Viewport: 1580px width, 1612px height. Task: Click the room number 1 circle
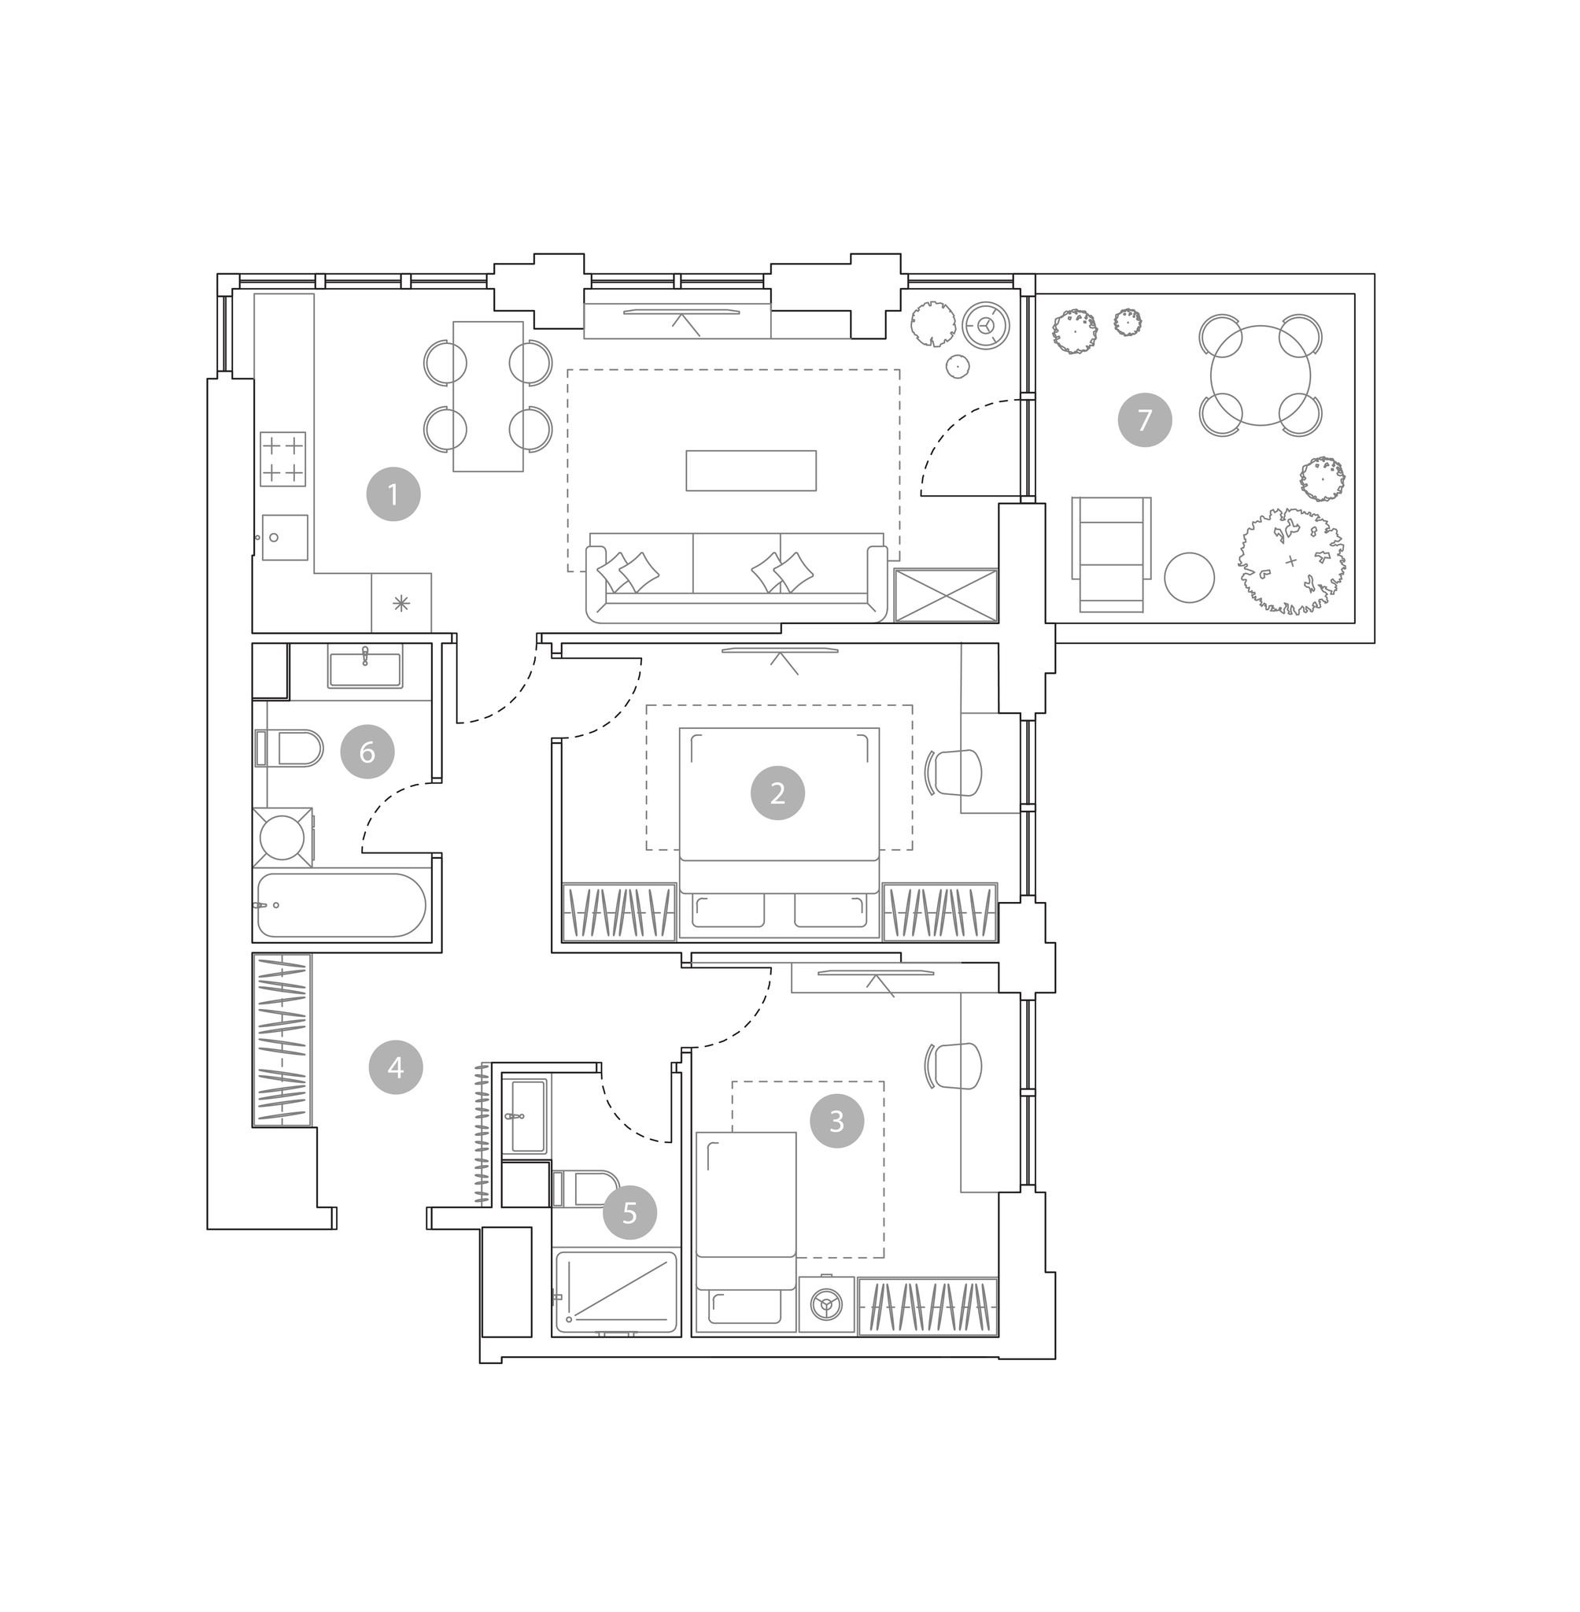tap(393, 495)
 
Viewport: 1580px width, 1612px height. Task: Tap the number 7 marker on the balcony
tap(1144, 420)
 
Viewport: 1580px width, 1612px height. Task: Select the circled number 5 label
tap(629, 1213)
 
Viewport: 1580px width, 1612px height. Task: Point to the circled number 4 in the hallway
tap(396, 1067)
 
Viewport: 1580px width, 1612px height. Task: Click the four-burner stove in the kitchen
tap(283, 459)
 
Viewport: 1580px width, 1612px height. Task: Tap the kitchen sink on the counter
tap(285, 537)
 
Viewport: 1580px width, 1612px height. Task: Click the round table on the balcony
tap(1261, 375)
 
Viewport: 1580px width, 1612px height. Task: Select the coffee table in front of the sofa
tap(751, 471)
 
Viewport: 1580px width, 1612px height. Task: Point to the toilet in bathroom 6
tap(288, 748)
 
